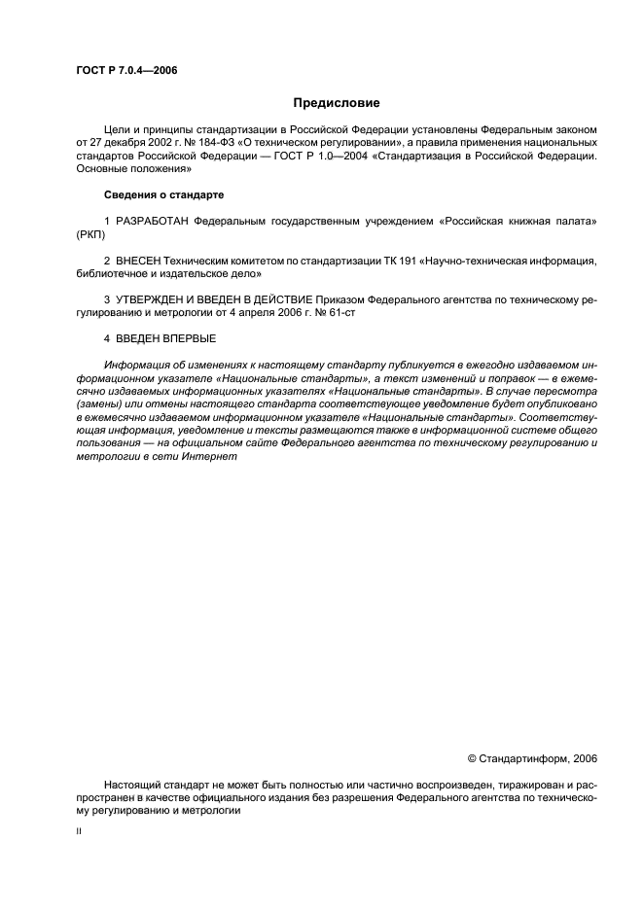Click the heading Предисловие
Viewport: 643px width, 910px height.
pyautogui.click(x=337, y=103)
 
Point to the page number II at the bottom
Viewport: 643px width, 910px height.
pyautogui.click(x=79, y=833)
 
